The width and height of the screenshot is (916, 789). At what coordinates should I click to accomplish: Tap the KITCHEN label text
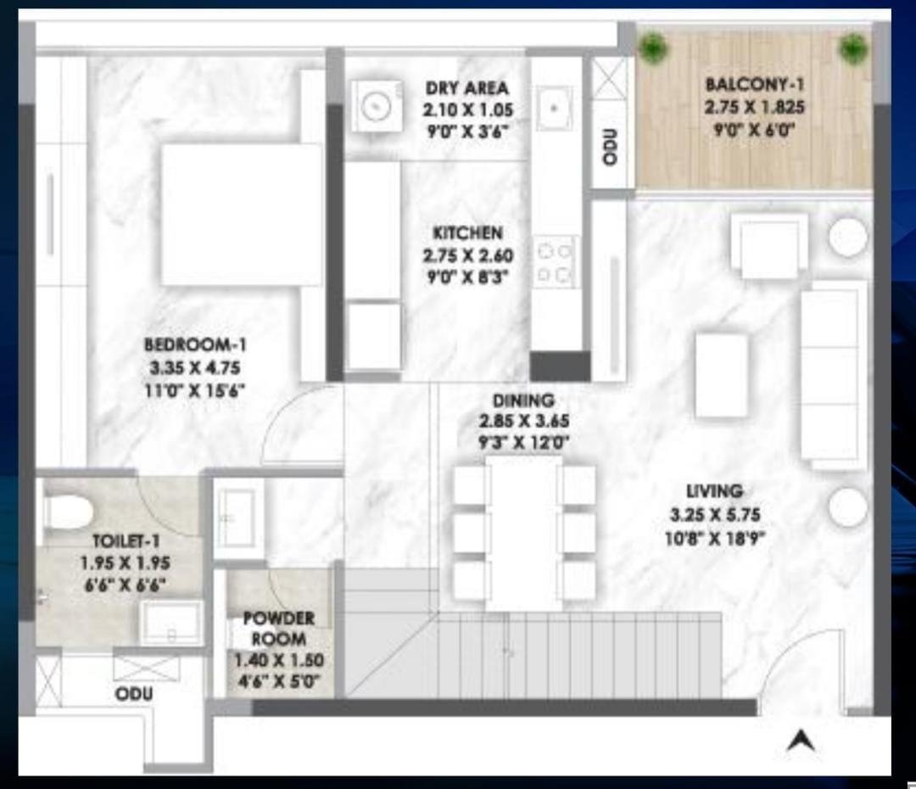pos(467,232)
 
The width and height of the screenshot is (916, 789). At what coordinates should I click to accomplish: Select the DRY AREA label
pos(467,87)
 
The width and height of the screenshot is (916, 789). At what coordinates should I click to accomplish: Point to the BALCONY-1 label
pos(754,85)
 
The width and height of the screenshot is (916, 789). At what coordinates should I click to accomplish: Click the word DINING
pos(523,400)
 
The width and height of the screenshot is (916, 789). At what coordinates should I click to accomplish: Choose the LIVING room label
pos(714,491)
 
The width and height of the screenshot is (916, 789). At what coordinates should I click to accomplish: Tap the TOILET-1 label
pos(126,540)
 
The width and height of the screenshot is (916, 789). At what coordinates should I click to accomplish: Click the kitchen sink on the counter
pos(554,108)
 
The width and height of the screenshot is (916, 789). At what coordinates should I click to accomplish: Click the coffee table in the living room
pos(722,375)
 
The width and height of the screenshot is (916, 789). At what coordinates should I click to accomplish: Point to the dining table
pos(523,533)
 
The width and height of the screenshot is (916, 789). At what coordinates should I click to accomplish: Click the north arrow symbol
pos(800,741)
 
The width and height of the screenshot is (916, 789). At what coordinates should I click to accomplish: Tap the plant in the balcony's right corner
pos(852,48)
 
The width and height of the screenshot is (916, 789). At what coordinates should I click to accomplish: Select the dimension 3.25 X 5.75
pos(714,514)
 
